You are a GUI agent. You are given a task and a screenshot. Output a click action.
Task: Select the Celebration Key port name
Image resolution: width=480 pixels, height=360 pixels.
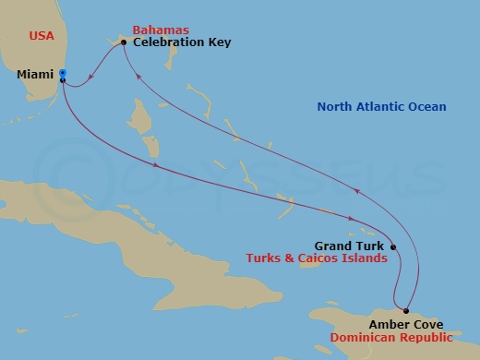181,42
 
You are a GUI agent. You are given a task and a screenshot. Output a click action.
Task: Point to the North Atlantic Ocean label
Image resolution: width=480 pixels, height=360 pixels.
381,107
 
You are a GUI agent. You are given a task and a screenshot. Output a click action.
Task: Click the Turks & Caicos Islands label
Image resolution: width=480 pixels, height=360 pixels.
317,259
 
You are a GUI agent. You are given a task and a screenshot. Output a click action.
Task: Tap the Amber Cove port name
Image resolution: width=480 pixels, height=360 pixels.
405,324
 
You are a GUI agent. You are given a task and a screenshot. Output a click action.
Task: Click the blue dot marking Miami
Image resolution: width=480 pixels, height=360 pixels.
62,73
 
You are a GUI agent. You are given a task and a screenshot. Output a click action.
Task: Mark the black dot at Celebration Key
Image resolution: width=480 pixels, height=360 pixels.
124,42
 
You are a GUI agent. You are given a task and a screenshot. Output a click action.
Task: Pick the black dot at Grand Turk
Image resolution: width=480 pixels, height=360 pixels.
393,246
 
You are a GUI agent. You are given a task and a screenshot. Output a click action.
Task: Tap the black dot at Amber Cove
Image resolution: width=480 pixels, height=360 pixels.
406,311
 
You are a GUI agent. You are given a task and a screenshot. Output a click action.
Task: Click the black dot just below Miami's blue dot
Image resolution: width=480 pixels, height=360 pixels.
62,80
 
